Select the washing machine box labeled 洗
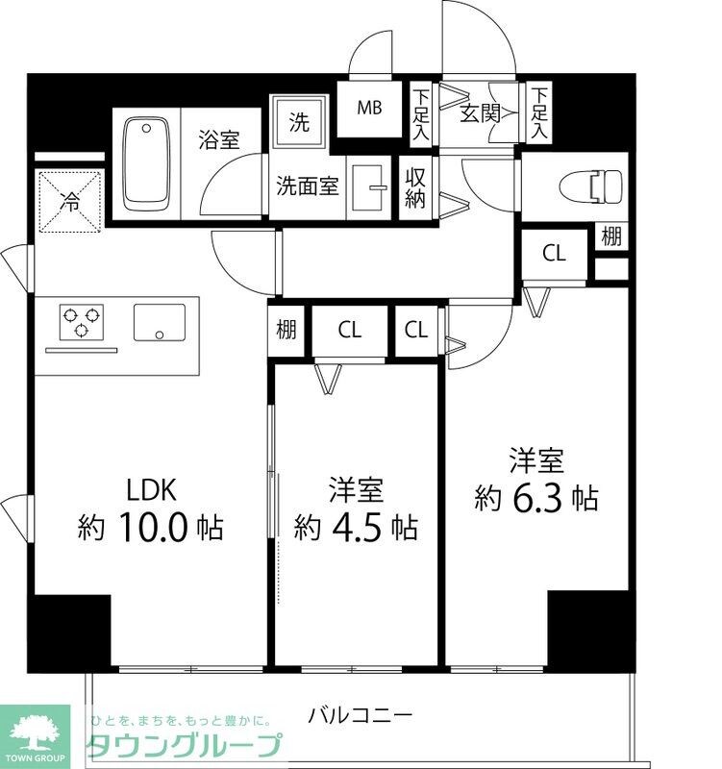click(x=299, y=122)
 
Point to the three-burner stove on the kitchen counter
click(x=81, y=321)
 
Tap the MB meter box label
click(x=370, y=108)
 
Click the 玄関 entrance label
click(x=479, y=114)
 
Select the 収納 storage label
click(x=415, y=187)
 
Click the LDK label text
click(x=152, y=491)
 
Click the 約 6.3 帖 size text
click(x=536, y=497)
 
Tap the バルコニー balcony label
click(x=361, y=715)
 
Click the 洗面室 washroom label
click(x=309, y=186)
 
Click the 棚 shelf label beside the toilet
click(x=610, y=236)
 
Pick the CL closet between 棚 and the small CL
click(x=349, y=330)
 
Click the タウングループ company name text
click(x=185, y=745)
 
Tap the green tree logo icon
click(x=36, y=729)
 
